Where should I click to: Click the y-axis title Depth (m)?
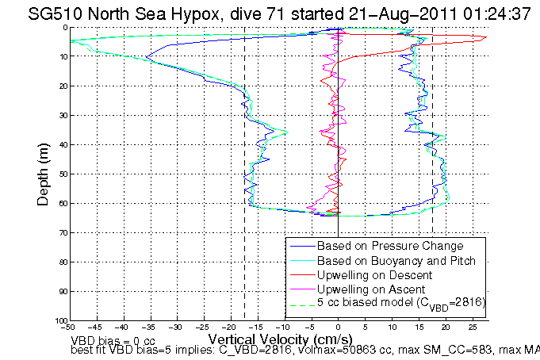[44, 174]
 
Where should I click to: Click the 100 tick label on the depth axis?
[59, 320]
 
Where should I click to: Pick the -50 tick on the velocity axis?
[69, 327]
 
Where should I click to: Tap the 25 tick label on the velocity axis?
[473, 327]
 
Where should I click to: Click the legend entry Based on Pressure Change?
[389, 246]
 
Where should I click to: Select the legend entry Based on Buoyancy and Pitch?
[396, 260]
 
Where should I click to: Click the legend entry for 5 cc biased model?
[401, 303]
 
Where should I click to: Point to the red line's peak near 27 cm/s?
[484, 37]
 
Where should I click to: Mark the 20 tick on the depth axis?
[62, 86]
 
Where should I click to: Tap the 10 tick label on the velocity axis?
[392, 327]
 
